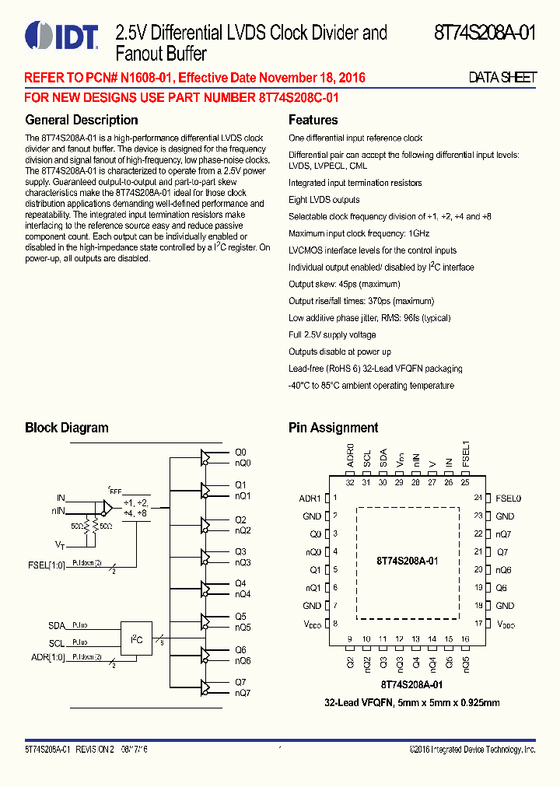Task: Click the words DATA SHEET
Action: tap(502, 78)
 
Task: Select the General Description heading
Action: tap(82, 120)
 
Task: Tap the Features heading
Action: tap(313, 120)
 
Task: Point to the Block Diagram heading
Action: tap(67, 428)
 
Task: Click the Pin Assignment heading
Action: tap(333, 428)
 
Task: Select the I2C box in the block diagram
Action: tap(136, 639)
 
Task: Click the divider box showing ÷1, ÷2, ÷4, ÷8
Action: tap(135, 508)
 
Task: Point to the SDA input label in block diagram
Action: tap(56, 625)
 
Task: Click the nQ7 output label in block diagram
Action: tap(243, 692)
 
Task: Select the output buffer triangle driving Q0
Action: tap(206, 456)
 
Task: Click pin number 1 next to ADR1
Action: tap(335, 498)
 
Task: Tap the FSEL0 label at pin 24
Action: tap(508, 498)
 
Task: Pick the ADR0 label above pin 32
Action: tap(350, 455)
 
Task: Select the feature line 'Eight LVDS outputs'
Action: tap(324, 200)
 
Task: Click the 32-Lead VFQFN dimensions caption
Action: tap(411, 702)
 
